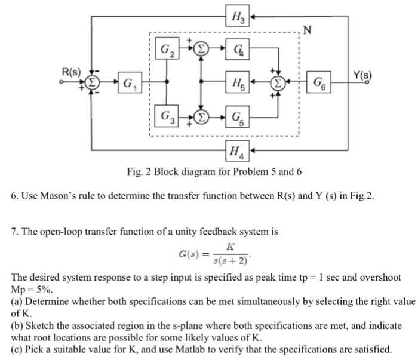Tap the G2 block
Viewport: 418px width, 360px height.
(x=167, y=47)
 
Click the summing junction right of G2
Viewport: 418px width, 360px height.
(x=202, y=47)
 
